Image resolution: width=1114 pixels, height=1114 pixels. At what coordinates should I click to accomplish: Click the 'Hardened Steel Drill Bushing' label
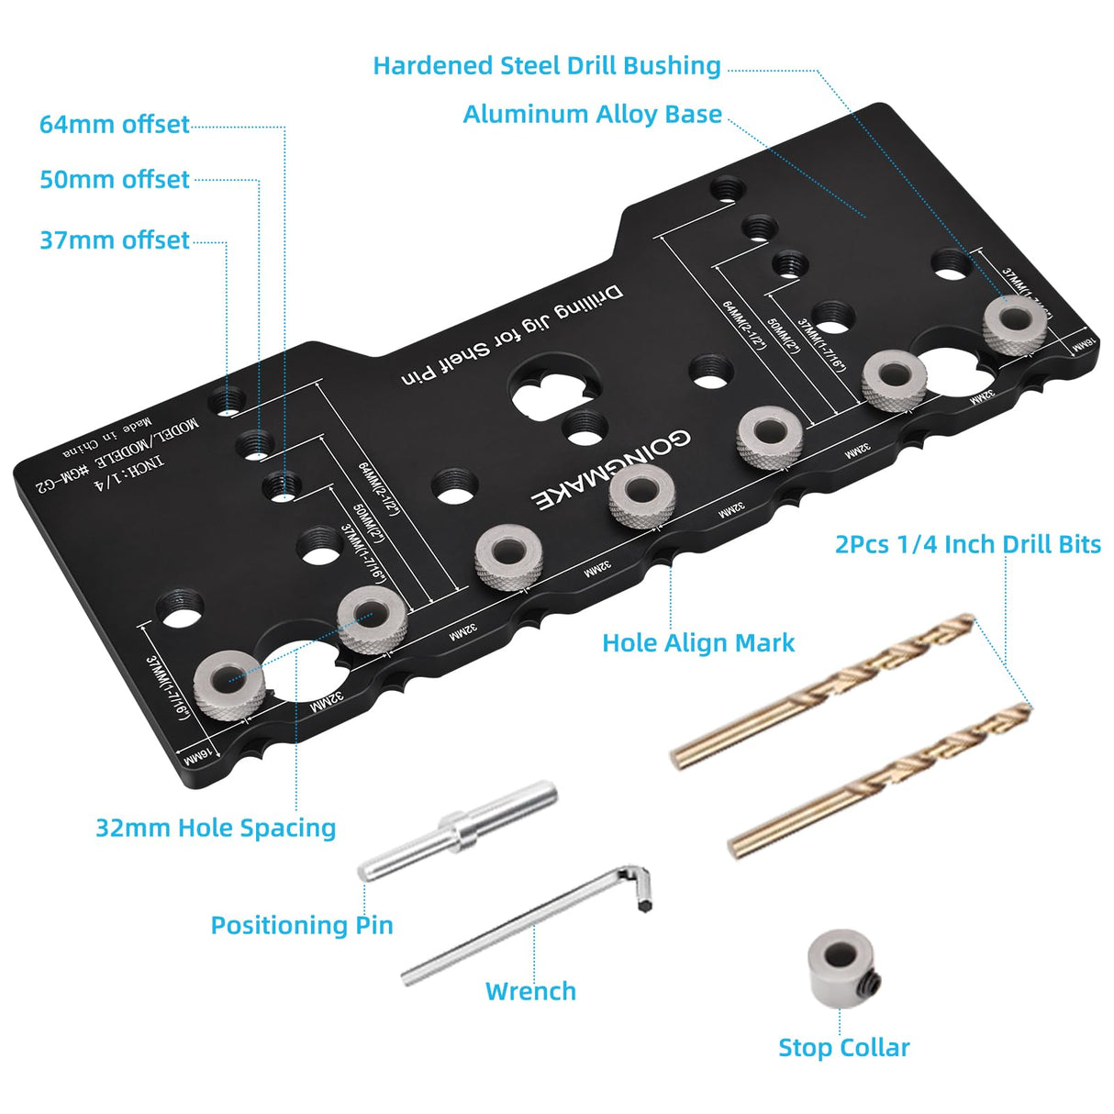coord(547,66)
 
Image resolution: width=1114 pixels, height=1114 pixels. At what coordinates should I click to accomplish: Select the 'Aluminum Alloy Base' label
coord(592,115)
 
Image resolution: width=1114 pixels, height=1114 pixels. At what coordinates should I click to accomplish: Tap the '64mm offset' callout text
coord(115,125)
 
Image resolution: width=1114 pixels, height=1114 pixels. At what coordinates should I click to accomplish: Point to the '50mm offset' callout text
coord(115,180)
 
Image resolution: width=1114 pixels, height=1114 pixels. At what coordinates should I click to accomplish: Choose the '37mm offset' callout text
coord(115,240)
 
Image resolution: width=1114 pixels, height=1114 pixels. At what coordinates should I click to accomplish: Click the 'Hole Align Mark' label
coord(698,643)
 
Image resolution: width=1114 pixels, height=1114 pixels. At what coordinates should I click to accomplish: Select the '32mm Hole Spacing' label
coord(216,828)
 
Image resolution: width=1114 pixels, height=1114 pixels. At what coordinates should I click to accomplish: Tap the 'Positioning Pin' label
coord(302,925)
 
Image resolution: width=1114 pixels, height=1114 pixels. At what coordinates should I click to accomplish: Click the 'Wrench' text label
coord(530,991)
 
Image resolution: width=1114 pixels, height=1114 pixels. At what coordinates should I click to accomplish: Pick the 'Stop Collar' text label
coord(843,1048)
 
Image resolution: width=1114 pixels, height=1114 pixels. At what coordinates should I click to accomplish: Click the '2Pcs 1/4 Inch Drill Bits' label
coord(967,544)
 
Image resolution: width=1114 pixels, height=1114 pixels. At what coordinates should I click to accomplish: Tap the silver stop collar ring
coord(840,963)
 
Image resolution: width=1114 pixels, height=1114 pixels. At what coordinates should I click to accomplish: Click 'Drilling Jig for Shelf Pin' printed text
coord(510,337)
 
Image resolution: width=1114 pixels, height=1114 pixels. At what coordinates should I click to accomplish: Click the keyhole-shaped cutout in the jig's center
coord(548,391)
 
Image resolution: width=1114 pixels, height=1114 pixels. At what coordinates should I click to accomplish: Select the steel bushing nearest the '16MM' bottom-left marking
coord(228,685)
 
